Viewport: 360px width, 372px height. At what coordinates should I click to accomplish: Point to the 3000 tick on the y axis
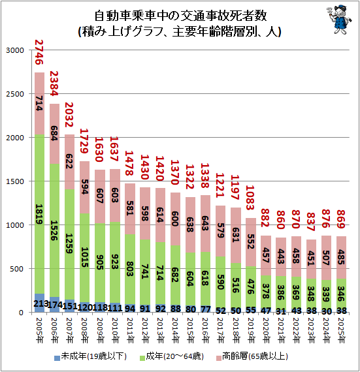click(x=15, y=50)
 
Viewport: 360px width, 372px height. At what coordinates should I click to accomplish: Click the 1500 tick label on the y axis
click(x=15, y=181)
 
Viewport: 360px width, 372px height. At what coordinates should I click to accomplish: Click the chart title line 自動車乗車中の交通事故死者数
click(x=179, y=16)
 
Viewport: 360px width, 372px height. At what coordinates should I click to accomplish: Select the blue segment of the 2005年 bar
click(x=39, y=303)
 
